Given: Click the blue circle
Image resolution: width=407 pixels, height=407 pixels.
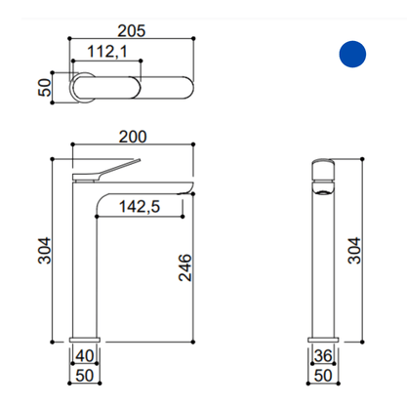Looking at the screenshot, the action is (x=352, y=54).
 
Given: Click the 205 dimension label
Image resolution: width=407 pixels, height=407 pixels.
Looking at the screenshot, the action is (x=132, y=31).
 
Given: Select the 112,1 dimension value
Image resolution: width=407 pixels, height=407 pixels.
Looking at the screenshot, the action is (x=107, y=52).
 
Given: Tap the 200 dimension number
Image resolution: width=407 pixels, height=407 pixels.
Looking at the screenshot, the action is (x=133, y=137).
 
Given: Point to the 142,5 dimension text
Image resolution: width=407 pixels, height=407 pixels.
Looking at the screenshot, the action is (x=140, y=207).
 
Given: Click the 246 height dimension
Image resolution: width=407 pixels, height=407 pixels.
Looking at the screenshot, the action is (x=185, y=267).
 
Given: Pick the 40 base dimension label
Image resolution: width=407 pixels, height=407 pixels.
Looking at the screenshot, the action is (x=85, y=355).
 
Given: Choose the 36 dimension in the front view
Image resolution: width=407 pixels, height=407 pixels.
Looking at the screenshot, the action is (x=323, y=355).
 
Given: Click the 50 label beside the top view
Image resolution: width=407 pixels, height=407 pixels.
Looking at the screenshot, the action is (x=45, y=88).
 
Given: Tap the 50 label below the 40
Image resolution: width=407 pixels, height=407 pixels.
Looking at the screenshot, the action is (x=85, y=376).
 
